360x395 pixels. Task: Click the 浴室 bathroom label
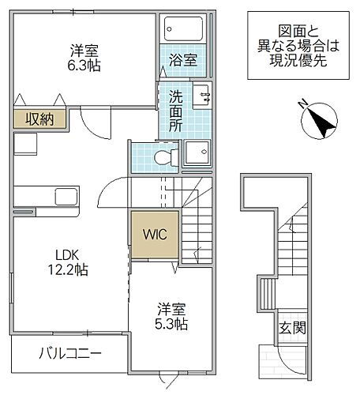click(x=184, y=58)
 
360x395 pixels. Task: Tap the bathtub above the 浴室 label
click(x=184, y=30)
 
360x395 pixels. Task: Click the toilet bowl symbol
click(x=163, y=157)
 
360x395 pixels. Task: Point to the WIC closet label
click(x=154, y=234)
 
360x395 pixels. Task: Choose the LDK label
click(x=66, y=254)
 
